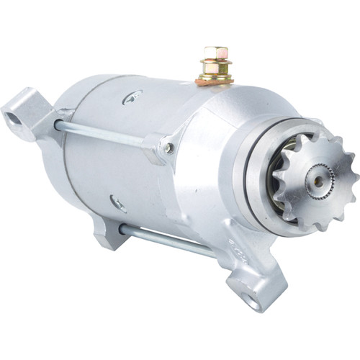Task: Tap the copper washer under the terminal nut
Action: (215, 80)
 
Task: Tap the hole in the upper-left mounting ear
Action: (14, 111)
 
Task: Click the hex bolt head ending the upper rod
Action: (168, 148)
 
